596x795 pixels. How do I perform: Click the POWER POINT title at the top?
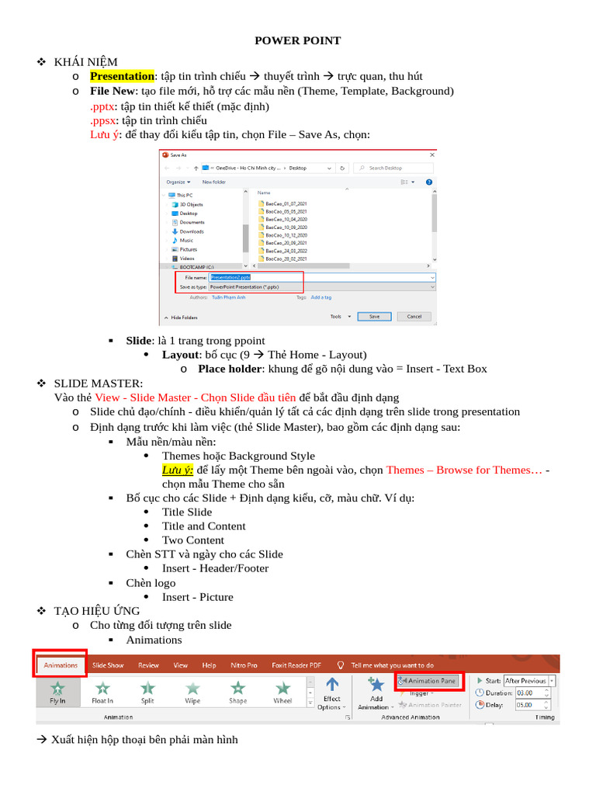pos(298,40)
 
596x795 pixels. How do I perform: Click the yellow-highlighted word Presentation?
pos(122,76)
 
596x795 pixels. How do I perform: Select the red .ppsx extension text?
pos(102,120)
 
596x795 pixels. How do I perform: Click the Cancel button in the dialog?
pos(414,316)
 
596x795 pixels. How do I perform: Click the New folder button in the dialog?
pos(213,182)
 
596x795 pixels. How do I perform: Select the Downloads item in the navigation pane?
pos(191,231)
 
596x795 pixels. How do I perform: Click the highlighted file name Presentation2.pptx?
pos(230,276)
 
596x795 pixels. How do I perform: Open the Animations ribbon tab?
pos(61,665)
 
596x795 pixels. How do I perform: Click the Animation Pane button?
pos(429,681)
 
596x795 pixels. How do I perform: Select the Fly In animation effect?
pos(57,691)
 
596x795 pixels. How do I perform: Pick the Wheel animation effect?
pos(283,691)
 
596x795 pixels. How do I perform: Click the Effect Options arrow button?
pos(331,692)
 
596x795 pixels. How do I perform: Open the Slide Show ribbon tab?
pos(108,665)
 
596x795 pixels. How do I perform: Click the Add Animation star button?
pos(376,692)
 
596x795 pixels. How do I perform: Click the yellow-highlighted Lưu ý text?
pos(178,470)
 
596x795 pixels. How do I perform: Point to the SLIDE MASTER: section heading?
pos(98,384)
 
